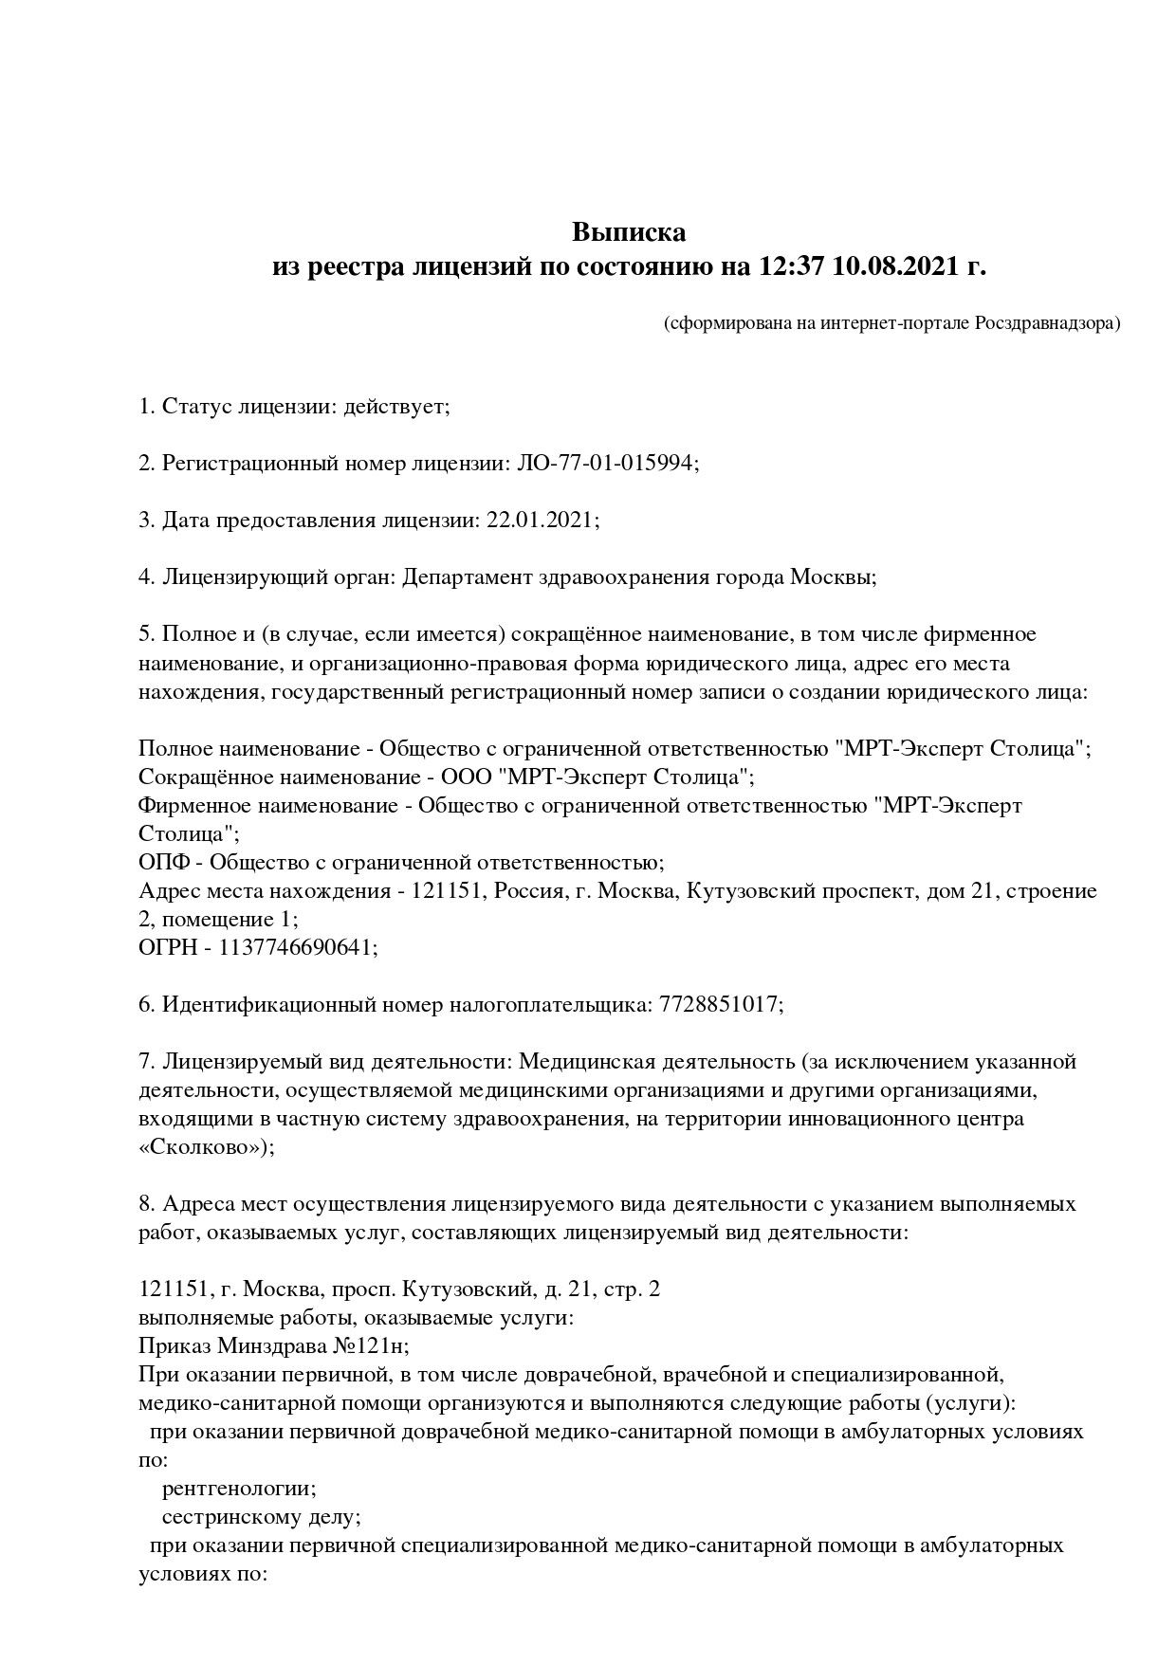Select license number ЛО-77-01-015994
pos(605,464)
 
